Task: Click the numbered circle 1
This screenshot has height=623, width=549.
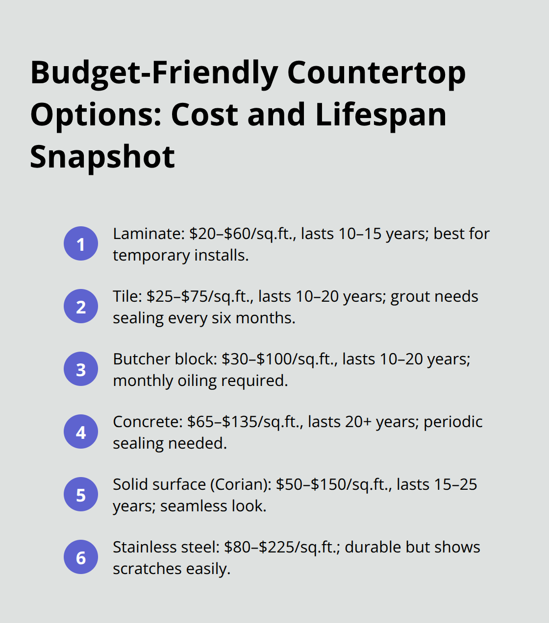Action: pyautogui.click(x=81, y=243)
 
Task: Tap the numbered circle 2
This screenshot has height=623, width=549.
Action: pyautogui.click(x=81, y=306)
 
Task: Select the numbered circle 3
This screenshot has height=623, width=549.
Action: pyautogui.click(x=81, y=369)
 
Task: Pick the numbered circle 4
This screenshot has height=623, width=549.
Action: pyautogui.click(x=81, y=431)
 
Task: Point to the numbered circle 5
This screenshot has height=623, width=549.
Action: pyautogui.click(x=81, y=494)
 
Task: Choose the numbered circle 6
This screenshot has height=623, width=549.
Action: pyautogui.click(x=81, y=557)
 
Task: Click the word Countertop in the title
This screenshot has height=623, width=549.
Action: pyautogui.click(x=376, y=73)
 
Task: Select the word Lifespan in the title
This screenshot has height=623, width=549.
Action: pyautogui.click(x=381, y=115)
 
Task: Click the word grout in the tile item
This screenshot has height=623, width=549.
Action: pyautogui.click(x=407, y=297)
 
